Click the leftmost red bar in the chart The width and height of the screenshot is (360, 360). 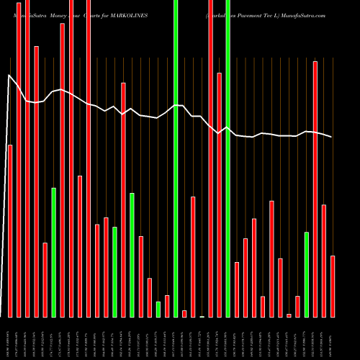click(x=10, y=230)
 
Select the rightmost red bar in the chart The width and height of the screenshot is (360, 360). click(x=333, y=286)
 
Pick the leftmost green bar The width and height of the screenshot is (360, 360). click(x=53, y=252)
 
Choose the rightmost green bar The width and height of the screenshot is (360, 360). click(x=307, y=274)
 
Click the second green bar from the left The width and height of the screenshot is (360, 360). click(x=114, y=271)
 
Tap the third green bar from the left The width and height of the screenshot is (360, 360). click(x=132, y=255)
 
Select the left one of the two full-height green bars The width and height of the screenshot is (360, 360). click(x=176, y=158)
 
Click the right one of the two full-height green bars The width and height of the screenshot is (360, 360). click(x=228, y=158)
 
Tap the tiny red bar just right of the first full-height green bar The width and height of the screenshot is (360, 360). click(x=184, y=313)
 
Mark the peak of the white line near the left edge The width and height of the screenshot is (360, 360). click(x=9, y=75)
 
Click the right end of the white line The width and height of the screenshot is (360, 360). click(x=332, y=137)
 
